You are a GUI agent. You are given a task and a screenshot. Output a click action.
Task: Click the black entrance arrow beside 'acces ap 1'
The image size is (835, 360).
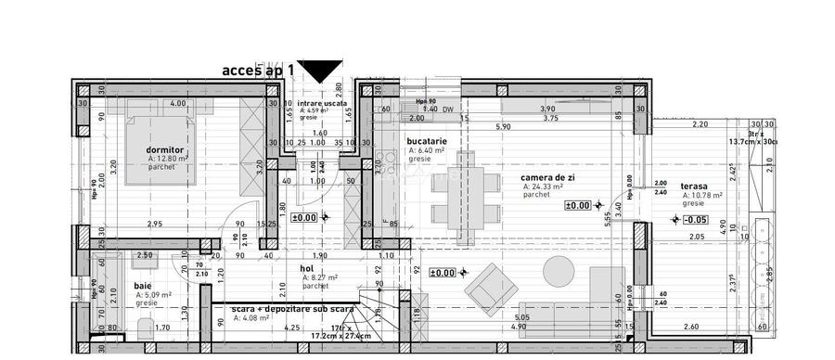pos(323,71)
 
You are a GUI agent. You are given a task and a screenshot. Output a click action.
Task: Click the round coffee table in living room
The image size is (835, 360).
pos(559,271)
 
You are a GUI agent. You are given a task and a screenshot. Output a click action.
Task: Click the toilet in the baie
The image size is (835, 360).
pos(142,327)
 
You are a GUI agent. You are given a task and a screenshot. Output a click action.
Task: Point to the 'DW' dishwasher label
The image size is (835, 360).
pos(448,109)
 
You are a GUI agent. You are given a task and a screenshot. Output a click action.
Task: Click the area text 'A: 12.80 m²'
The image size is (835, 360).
pos(168,159)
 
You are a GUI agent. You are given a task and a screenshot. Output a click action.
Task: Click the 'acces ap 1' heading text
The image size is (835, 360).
pos(258,70)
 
